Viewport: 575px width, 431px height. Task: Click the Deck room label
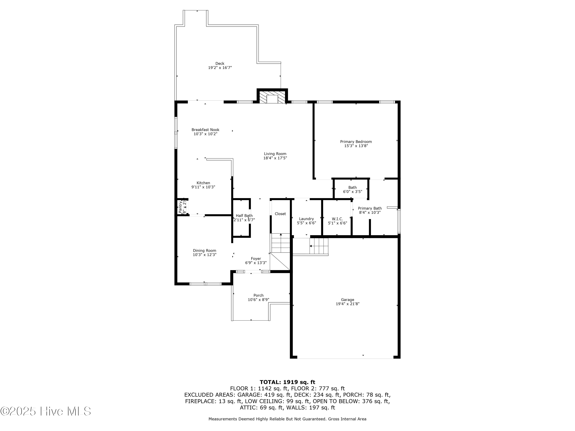[220, 63]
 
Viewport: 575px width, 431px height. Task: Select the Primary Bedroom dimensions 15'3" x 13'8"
[356, 146]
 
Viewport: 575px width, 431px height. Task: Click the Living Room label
[275, 154]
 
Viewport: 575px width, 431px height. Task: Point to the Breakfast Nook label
[205, 130]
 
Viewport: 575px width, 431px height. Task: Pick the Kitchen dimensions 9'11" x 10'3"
[203, 187]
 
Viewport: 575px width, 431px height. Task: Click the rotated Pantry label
[180, 207]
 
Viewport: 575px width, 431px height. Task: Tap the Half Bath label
[244, 216]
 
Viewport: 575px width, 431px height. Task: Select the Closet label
[280, 214]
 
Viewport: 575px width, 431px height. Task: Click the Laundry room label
[306, 219]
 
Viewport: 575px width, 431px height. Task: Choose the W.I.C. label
[337, 219]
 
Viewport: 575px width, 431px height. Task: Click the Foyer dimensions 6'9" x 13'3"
[256, 263]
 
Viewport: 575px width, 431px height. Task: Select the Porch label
[258, 295]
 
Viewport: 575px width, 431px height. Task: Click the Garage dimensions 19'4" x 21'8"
[347, 304]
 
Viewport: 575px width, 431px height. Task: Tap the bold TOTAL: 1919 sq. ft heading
[287, 382]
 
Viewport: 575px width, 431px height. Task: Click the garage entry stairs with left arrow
[319, 246]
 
